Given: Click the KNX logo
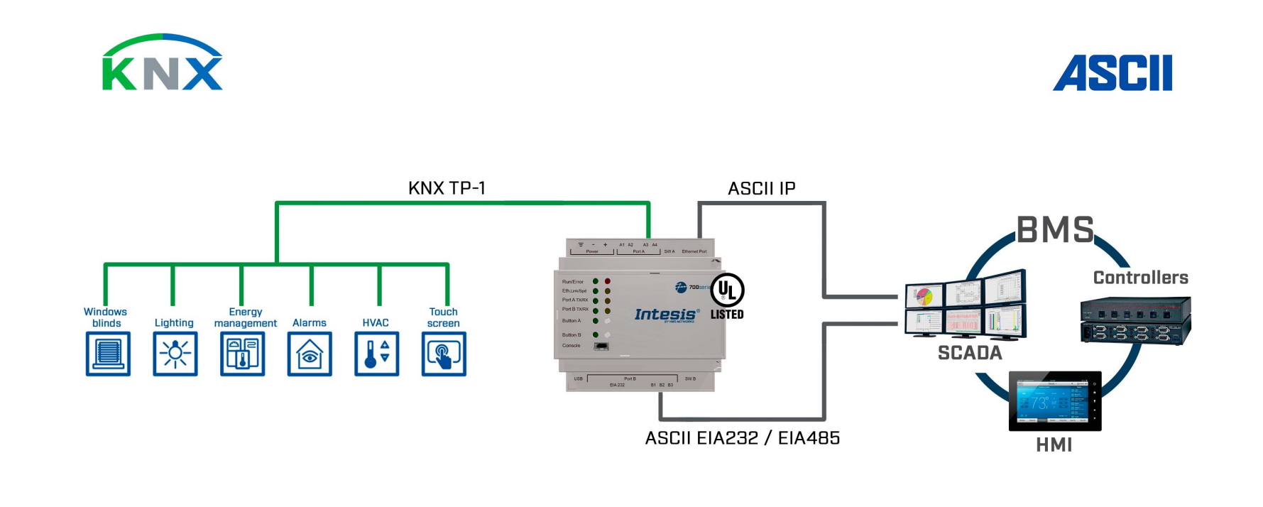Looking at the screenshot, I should [163, 63].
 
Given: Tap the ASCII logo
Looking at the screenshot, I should [1112, 73].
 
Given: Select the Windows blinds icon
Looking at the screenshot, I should [108, 354].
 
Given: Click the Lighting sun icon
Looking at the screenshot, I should [175, 354].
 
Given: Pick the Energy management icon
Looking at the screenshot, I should [242, 354].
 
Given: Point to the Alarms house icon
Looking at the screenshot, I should [310, 354].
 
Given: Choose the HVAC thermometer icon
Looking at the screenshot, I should [376, 354].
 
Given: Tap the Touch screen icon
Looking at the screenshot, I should [444, 354].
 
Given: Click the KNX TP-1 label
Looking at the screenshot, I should [447, 188].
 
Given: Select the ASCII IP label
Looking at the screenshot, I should [761, 189].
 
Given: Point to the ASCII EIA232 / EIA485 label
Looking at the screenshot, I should [742, 438].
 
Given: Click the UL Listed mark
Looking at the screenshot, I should [727, 295].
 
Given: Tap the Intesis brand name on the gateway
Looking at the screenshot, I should [665, 314].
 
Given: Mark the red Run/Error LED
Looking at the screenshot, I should [608, 281].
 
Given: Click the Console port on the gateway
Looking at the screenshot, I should [601, 346].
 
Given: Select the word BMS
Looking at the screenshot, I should [1055, 230].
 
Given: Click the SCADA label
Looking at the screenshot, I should [970, 353].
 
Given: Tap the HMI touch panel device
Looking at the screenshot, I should [1054, 401].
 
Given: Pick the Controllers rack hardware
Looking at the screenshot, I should [1135, 321].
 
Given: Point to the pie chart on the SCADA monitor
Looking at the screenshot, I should [924, 295].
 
